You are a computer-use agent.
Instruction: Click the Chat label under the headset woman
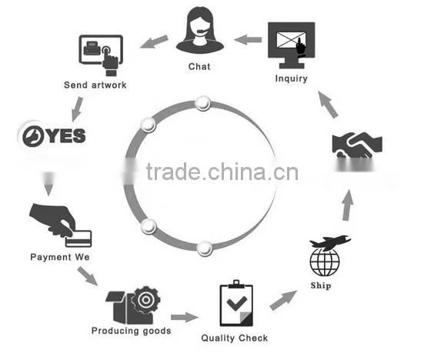pyautogui.click(x=199, y=66)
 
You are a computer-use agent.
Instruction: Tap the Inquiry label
pyautogui.click(x=292, y=78)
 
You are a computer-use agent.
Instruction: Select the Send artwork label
pyautogui.click(x=95, y=85)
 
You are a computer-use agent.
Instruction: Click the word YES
pyautogui.click(x=66, y=135)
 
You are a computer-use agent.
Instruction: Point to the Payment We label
pyautogui.click(x=60, y=257)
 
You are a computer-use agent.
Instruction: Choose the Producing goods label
pyautogui.click(x=131, y=331)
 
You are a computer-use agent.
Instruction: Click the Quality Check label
pyautogui.click(x=235, y=338)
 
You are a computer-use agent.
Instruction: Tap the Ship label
pyautogui.click(x=321, y=285)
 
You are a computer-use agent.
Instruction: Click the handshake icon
pyautogui.click(x=357, y=145)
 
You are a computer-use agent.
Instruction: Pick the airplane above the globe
pyautogui.click(x=330, y=242)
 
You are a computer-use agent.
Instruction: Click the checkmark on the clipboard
pyautogui.click(x=237, y=302)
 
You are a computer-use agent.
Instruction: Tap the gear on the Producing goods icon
pyautogui.click(x=146, y=300)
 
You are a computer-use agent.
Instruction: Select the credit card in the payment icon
pyautogui.click(x=78, y=238)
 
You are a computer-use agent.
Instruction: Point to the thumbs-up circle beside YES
pyautogui.click(x=33, y=136)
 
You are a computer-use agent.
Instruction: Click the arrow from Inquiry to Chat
pyautogui.click(x=248, y=40)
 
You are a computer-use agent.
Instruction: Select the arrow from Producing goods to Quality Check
pyautogui.click(x=185, y=317)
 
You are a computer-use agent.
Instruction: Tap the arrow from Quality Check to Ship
pyautogui.click(x=283, y=300)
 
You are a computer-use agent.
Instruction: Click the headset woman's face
pyautogui.click(x=200, y=27)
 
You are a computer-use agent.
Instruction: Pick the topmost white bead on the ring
pyautogui.click(x=202, y=103)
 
